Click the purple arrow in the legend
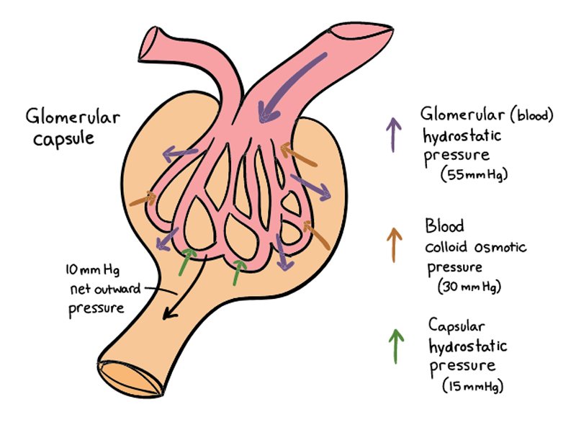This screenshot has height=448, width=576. (393, 134)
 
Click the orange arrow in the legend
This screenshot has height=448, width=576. (393, 245)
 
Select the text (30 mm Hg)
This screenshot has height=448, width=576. (469, 286)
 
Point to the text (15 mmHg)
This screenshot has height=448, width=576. (472, 385)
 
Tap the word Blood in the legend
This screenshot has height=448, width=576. (444, 225)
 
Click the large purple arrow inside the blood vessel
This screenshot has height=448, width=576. (284, 86)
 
